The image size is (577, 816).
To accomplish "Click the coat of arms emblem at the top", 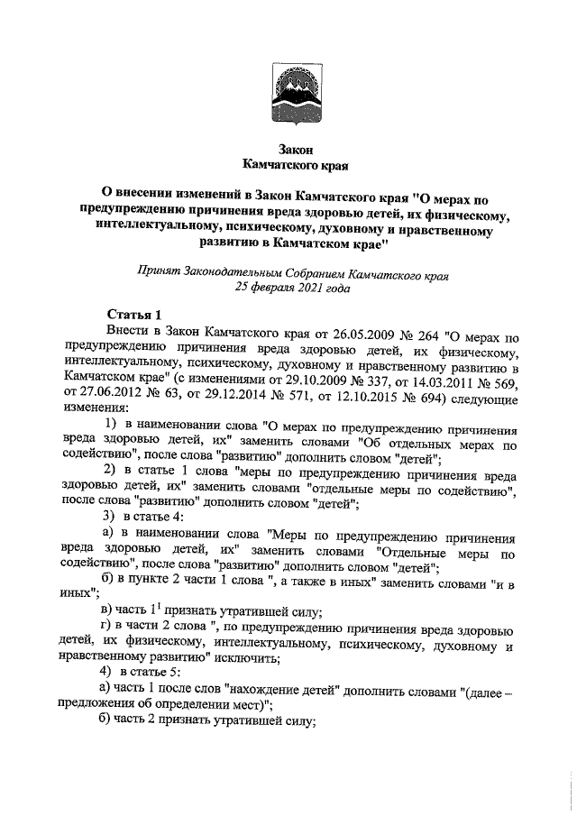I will click(288, 92).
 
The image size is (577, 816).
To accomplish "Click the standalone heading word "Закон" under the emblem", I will click(288, 150).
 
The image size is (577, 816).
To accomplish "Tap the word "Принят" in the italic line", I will click(157, 271).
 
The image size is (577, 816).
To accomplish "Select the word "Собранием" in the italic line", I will click(321, 271).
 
